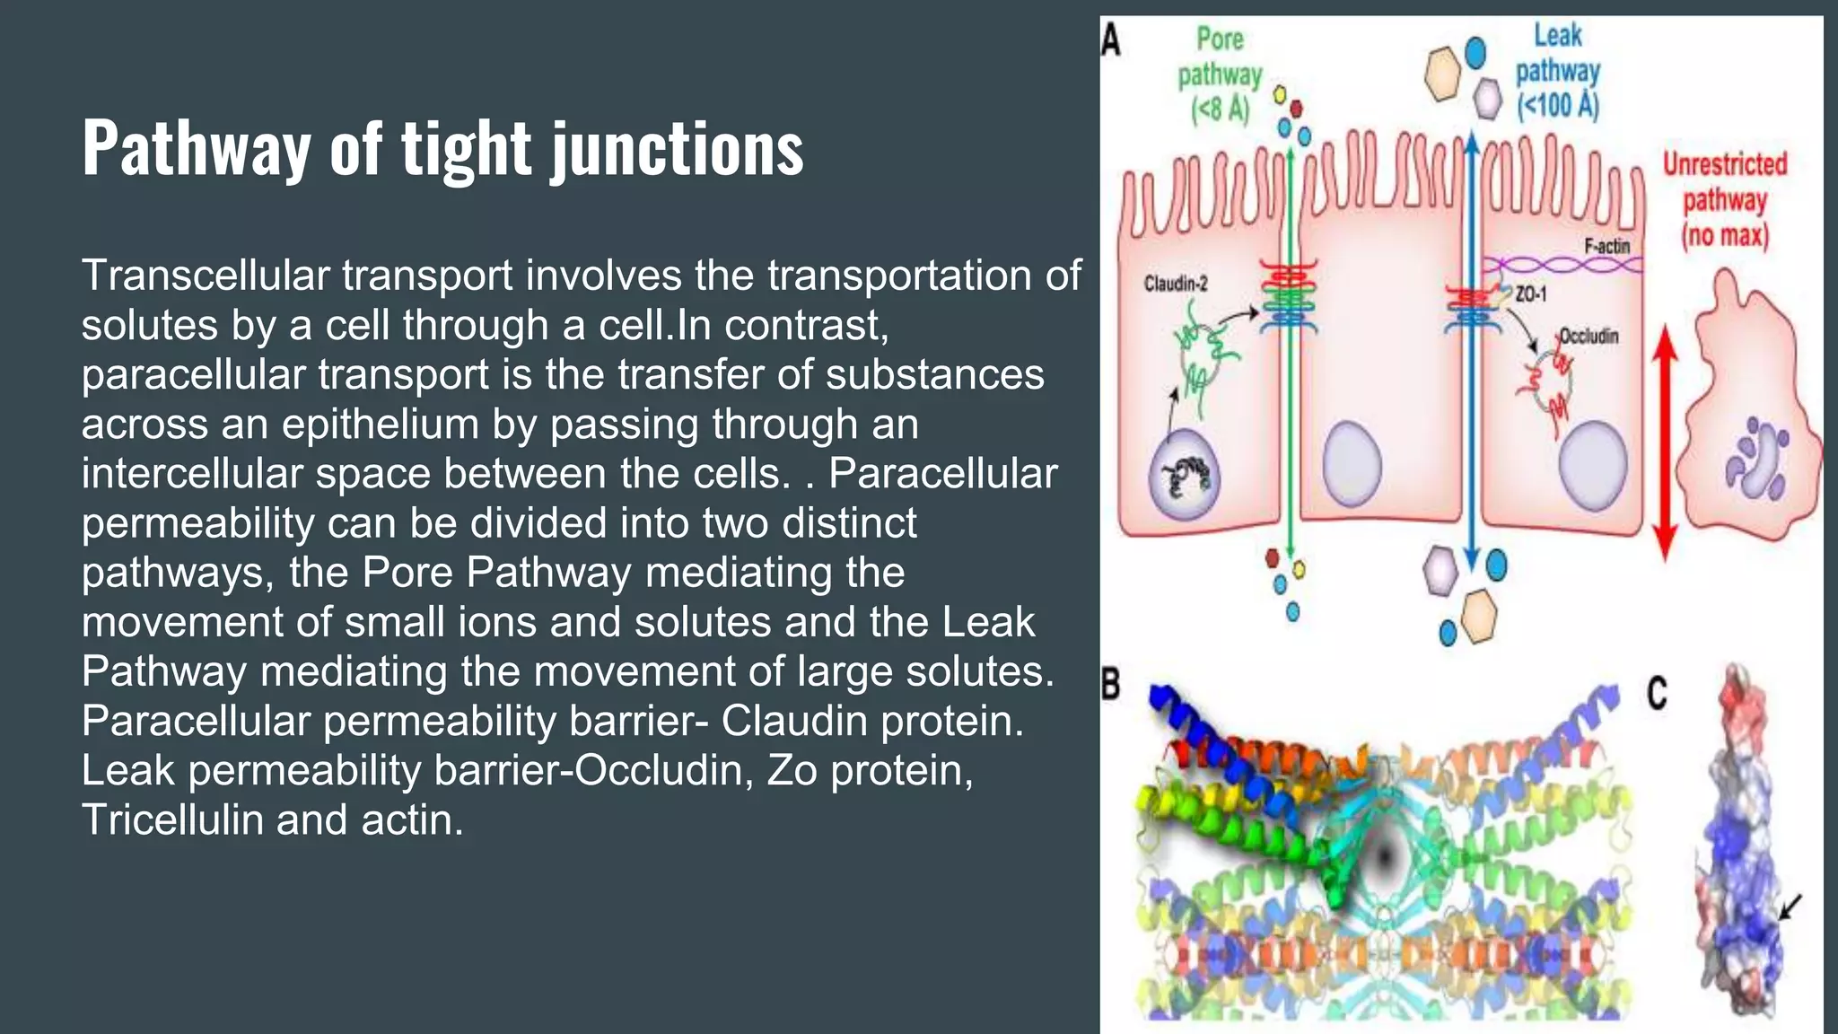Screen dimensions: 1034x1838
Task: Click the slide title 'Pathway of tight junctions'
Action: pos(442,148)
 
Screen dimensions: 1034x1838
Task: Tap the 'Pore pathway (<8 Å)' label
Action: pos(1220,75)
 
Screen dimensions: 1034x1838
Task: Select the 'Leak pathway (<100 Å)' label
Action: pos(1558,73)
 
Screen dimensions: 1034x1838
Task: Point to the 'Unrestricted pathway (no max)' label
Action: pos(1724,200)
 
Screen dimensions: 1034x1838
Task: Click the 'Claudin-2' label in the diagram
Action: pos(1175,285)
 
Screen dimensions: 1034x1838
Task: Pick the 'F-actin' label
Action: pos(1606,246)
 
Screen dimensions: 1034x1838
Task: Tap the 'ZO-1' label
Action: pos(1530,294)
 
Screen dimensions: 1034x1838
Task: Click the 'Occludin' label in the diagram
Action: pos(1589,337)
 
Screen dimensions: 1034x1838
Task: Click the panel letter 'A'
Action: pos(1111,39)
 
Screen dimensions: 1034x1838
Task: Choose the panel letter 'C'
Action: pos(1657,694)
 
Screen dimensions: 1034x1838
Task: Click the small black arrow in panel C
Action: pos(1790,907)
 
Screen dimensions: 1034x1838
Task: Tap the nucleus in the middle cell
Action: pos(1352,463)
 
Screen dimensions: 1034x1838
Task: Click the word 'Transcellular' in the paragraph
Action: pos(206,276)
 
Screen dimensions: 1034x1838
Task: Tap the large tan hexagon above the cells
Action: pos(1444,74)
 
